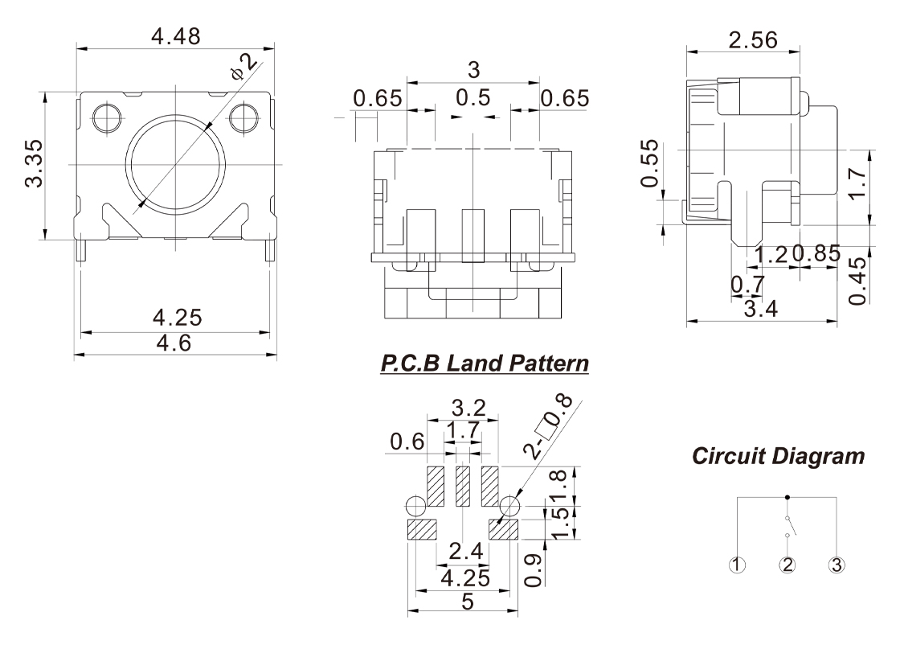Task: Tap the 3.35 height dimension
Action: (x=33, y=166)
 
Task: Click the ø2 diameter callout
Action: (x=243, y=68)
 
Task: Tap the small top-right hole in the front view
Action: (x=242, y=118)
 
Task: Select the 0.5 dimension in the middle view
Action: (x=472, y=98)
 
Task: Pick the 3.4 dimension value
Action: (x=755, y=310)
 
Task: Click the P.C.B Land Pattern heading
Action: (x=485, y=364)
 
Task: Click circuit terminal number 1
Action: (x=739, y=564)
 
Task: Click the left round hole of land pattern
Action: (x=416, y=507)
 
